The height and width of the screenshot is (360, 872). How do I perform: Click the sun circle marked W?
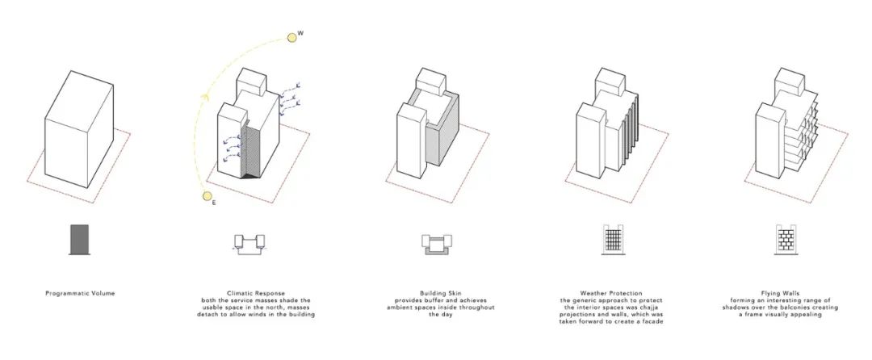[291, 38]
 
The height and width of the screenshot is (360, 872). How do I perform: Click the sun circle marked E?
[208, 196]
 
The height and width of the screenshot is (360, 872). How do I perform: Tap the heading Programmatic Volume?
[80, 293]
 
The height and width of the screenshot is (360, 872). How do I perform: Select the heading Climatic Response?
[256, 293]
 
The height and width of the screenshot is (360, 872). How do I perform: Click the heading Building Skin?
[441, 293]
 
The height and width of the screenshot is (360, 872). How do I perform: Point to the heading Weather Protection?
[611, 293]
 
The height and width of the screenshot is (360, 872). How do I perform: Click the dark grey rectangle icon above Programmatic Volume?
[80, 240]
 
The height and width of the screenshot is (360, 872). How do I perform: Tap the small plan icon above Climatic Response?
[249, 243]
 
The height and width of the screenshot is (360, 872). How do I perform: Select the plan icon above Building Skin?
[437, 244]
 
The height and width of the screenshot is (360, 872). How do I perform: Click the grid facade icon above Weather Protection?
[613, 240]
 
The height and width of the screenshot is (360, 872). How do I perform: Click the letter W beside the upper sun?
[300, 33]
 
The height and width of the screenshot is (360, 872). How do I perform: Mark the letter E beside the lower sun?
[214, 203]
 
